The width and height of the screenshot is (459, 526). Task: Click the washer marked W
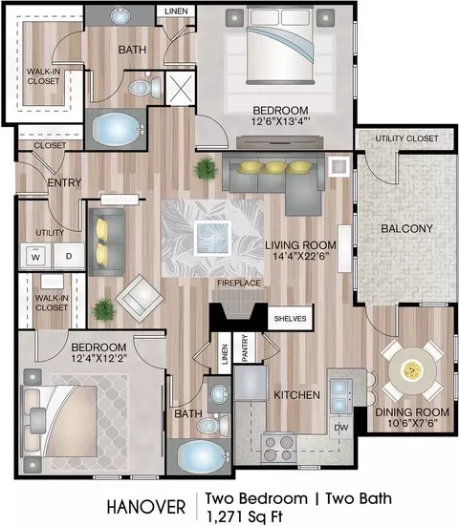(x=35, y=257)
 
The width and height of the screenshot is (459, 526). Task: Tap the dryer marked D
(x=69, y=256)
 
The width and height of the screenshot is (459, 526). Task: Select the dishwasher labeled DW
(x=341, y=428)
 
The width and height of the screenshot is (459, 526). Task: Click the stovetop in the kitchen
(x=278, y=448)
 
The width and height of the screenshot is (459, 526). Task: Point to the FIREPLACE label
(x=239, y=283)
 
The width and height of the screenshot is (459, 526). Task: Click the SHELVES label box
(x=290, y=318)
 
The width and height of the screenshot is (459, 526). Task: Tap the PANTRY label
(x=245, y=347)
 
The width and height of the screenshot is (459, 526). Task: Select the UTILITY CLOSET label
(x=406, y=138)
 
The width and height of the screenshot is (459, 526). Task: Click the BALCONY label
(x=406, y=228)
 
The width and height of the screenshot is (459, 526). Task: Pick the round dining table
(x=412, y=370)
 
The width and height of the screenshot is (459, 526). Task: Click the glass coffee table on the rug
(x=212, y=238)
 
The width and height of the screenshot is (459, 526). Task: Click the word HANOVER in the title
(x=146, y=507)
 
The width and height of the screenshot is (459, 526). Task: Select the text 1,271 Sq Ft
(x=245, y=516)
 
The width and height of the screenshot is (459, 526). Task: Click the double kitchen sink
(x=340, y=396)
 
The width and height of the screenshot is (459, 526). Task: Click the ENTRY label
(x=64, y=182)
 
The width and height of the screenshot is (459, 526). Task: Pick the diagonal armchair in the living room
(x=140, y=299)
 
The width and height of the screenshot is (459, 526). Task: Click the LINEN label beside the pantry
(x=225, y=354)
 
